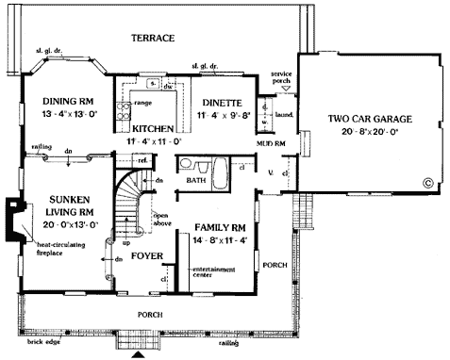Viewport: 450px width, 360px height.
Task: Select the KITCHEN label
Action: [150, 126]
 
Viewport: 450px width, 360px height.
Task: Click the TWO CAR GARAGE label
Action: [370, 120]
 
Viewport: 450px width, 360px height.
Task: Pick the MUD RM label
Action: [272, 142]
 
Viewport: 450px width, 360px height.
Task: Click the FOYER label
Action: [146, 255]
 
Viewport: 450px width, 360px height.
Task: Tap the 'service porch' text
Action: [278, 76]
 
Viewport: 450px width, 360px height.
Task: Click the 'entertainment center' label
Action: [216, 272]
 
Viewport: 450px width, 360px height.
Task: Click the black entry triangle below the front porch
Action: [140, 354]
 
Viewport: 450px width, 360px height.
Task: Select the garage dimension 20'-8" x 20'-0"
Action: [370, 133]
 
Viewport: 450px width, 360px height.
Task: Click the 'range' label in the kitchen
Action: [145, 101]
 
